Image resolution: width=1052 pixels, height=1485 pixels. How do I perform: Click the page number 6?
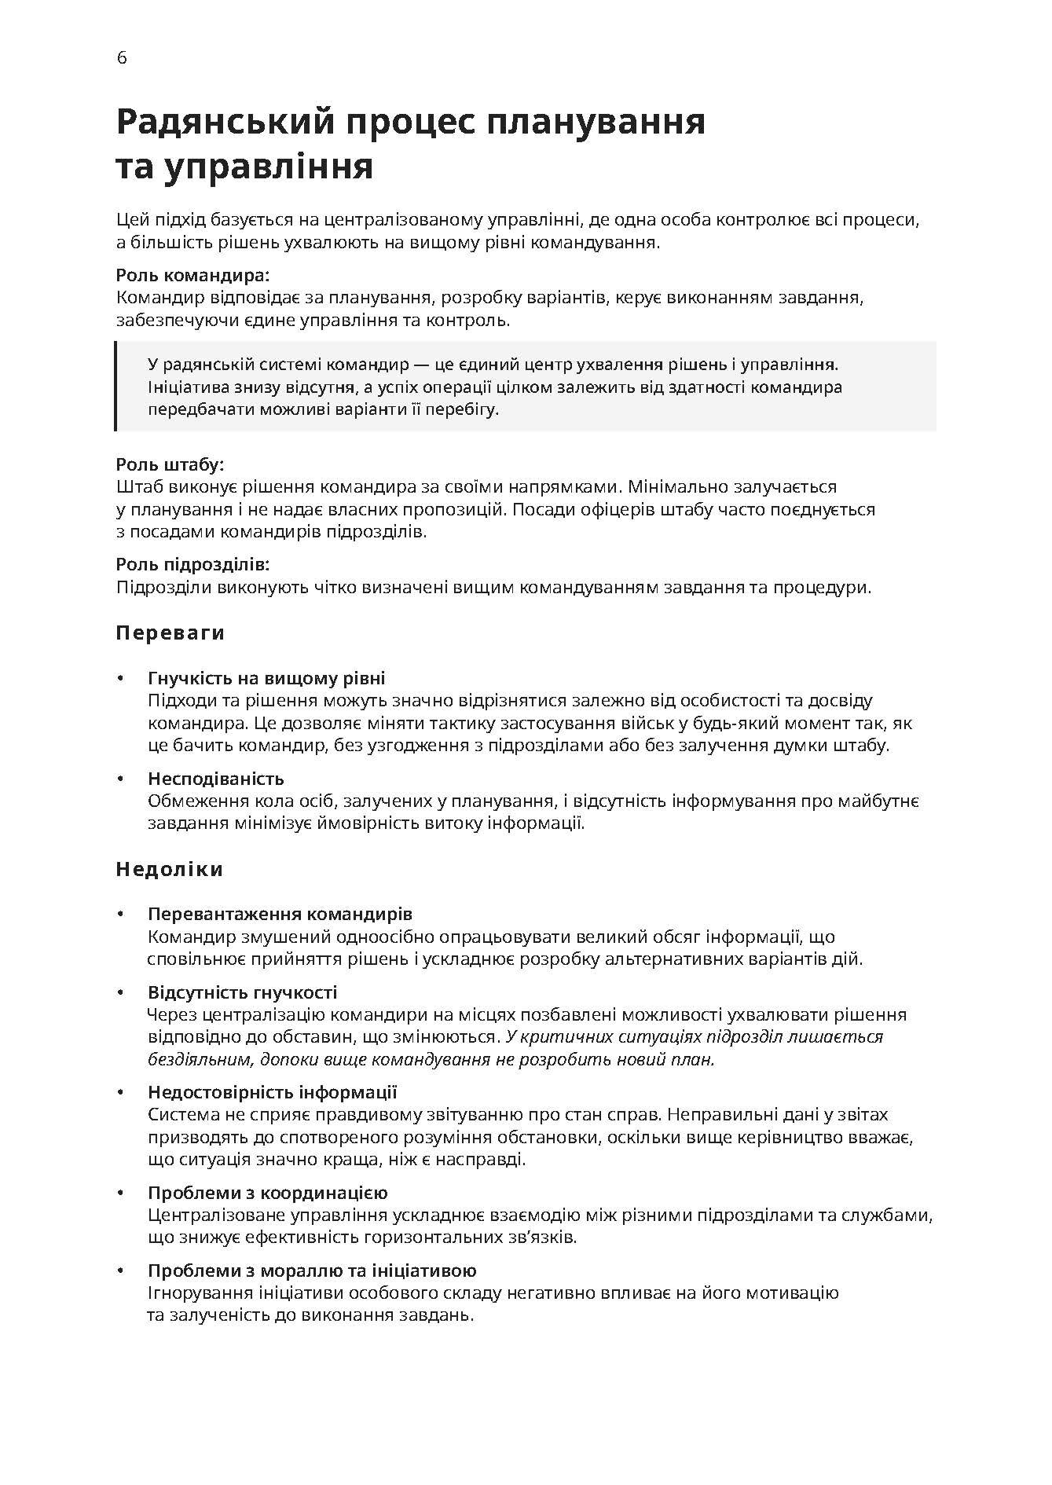[x=121, y=58]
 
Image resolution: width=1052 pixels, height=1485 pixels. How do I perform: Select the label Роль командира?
[x=192, y=276]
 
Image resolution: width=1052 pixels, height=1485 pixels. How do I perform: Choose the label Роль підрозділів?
[x=192, y=564]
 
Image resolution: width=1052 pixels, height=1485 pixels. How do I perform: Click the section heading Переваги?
[x=170, y=633]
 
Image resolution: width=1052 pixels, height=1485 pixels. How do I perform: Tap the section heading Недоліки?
[x=170, y=869]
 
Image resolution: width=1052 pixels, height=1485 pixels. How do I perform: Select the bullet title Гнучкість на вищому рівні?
[x=266, y=678]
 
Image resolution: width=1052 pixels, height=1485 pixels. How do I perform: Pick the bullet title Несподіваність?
[x=216, y=779]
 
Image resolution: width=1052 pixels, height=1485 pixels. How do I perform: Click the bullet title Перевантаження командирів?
[x=280, y=914]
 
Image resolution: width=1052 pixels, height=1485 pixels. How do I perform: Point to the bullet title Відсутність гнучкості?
[x=243, y=992]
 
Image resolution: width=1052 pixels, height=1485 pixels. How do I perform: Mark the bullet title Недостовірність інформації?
[x=273, y=1092]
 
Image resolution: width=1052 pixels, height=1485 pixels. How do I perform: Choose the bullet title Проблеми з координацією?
[x=268, y=1193]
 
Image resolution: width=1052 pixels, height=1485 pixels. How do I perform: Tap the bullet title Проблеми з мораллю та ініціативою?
[x=312, y=1270]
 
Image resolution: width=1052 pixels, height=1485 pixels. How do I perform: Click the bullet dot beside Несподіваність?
[x=120, y=779]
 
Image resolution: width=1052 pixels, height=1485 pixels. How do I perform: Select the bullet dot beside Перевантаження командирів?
[x=120, y=914]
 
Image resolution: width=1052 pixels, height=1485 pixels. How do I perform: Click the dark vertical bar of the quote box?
[x=116, y=387]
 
